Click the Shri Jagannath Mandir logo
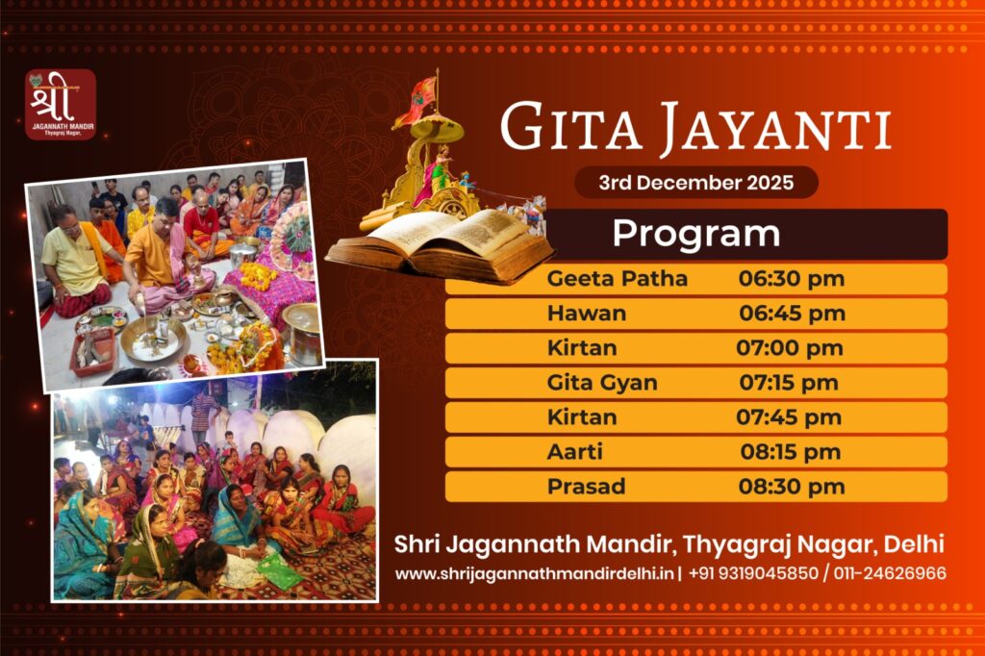(x=61, y=104)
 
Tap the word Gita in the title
(x=560, y=128)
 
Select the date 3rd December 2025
(x=695, y=182)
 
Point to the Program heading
(x=695, y=234)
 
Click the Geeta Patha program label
(x=617, y=279)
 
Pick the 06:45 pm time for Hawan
(x=792, y=314)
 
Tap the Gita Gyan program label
(x=602, y=383)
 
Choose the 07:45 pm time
(x=789, y=417)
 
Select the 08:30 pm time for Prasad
(x=792, y=487)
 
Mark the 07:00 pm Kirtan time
(x=789, y=348)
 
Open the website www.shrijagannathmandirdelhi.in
(x=535, y=573)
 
